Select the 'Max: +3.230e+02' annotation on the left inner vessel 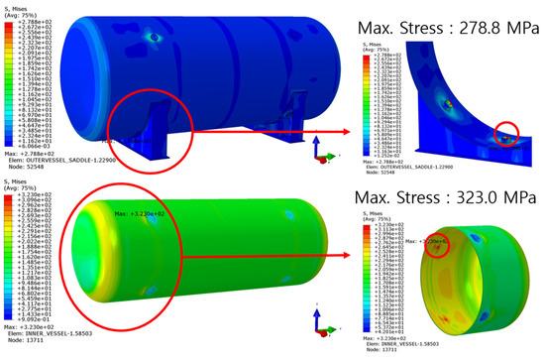135,214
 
